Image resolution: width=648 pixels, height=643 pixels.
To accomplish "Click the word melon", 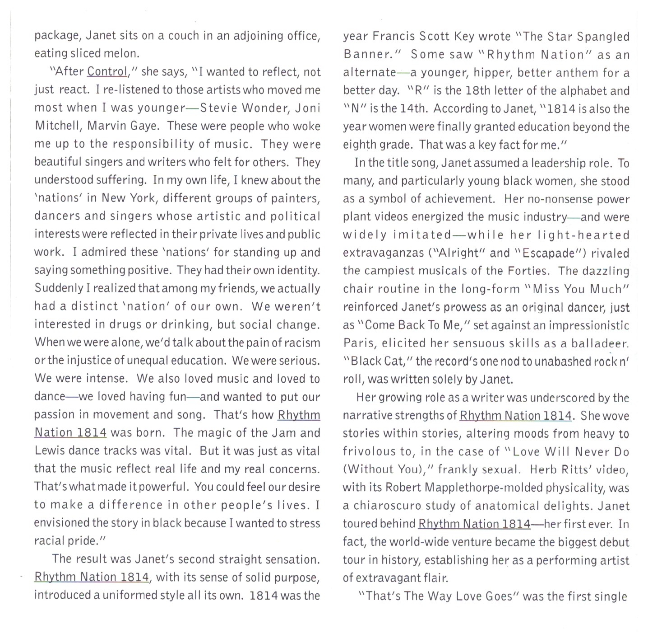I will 122,53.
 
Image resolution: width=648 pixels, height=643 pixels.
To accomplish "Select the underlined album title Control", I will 107,71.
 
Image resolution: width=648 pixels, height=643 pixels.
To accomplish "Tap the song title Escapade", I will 548,253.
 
